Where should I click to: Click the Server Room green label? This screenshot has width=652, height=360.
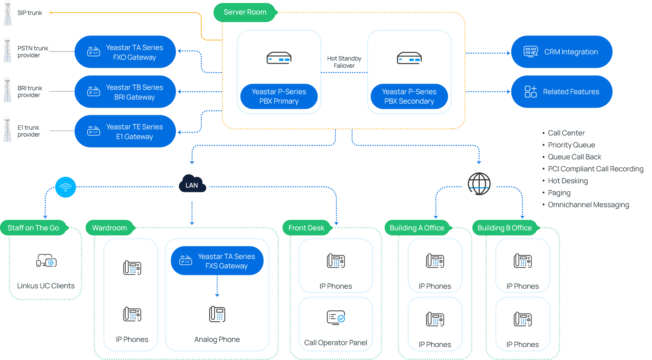coord(245,12)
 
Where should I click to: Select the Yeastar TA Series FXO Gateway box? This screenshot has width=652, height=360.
coord(125,52)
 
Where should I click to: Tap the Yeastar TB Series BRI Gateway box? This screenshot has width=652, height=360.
coord(125,92)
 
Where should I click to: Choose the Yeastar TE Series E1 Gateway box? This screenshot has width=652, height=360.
coord(125,131)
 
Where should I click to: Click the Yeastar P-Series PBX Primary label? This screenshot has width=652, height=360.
coord(279,96)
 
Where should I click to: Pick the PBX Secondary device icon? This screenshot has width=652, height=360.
coord(409,58)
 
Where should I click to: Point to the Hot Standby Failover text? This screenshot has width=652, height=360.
coord(344,62)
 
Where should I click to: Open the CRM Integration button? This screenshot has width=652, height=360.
coord(561,52)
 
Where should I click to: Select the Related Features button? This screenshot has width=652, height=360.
coord(561,92)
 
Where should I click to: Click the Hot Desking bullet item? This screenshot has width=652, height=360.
coord(567,181)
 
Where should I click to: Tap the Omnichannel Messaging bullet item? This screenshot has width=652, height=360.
coord(588,205)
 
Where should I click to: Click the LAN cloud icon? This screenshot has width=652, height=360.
coord(192,184)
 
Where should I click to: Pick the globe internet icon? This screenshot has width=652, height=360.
coord(479,184)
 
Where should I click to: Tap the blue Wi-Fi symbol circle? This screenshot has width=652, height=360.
coord(66,187)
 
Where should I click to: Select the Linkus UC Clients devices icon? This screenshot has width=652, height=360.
coord(46,260)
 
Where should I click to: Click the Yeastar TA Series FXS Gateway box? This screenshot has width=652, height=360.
coord(217,261)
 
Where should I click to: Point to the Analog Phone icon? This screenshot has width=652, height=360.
coord(217,314)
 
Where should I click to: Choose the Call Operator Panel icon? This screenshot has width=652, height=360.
coord(336,318)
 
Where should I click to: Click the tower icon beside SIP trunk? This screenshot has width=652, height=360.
coord(8,13)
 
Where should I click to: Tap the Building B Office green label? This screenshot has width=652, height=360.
coord(504,228)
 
